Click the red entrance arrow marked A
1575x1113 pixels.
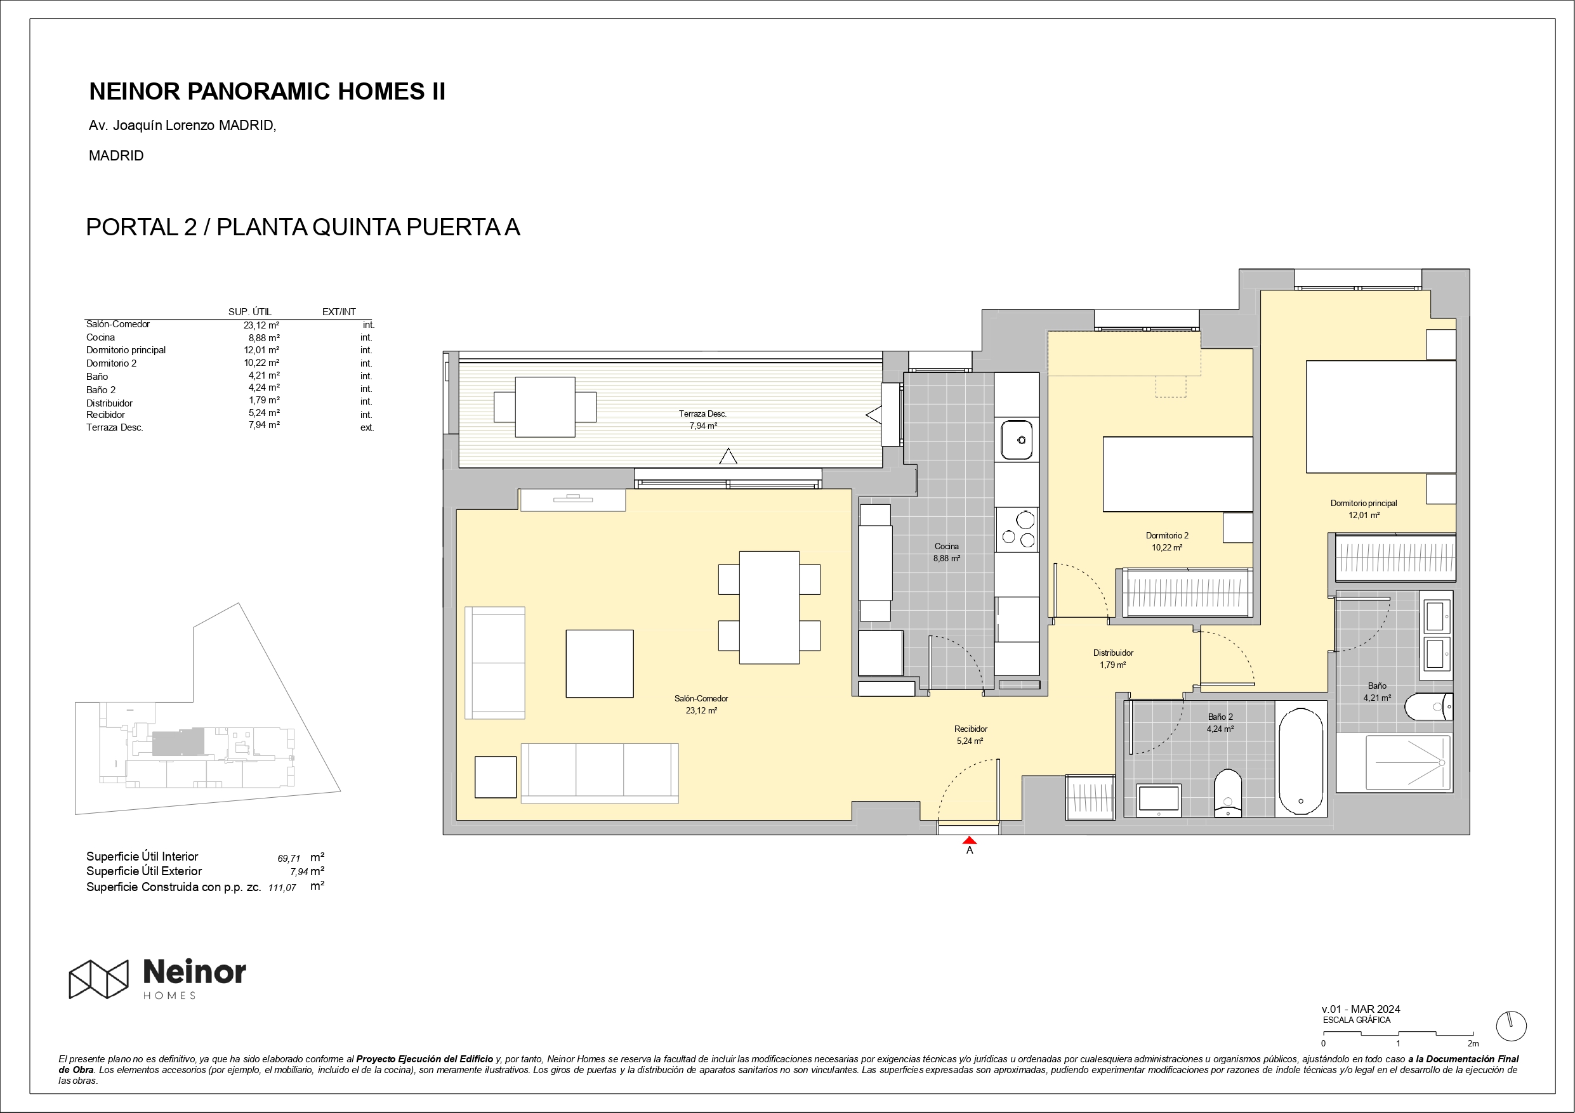(x=969, y=840)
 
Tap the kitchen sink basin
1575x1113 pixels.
(x=1017, y=439)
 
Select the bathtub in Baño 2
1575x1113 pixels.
(x=1301, y=761)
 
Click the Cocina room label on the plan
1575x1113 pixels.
(x=947, y=547)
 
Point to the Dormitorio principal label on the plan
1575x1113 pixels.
(x=1364, y=504)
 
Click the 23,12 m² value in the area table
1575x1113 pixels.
(x=261, y=325)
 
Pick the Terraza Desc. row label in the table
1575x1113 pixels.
(x=115, y=427)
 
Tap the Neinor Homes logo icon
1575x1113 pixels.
(x=99, y=979)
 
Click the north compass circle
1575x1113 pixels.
(x=1511, y=1027)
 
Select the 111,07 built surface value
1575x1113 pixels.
(x=282, y=887)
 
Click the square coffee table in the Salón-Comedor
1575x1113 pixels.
(x=600, y=664)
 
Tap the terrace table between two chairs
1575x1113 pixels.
(x=544, y=407)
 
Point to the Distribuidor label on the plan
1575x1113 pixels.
(x=1113, y=653)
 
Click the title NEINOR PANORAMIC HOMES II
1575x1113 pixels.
(x=268, y=91)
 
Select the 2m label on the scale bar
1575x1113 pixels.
(x=1473, y=1044)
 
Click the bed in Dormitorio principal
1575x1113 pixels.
(x=1381, y=417)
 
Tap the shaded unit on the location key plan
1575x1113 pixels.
(x=178, y=743)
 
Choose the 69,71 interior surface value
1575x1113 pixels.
(x=289, y=859)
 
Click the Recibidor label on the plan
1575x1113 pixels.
(x=971, y=729)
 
